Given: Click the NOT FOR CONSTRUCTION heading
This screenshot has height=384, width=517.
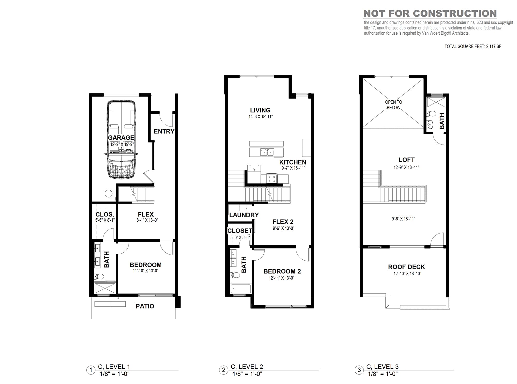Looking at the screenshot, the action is pyautogui.click(x=430, y=13).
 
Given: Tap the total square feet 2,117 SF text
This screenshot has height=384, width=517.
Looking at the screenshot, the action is pyautogui.click(x=473, y=47).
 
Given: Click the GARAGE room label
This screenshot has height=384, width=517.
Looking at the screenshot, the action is pyautogui.click(x=121, y=138).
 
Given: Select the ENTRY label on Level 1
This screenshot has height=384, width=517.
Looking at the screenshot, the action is pyautogui.click(x=164, y=131).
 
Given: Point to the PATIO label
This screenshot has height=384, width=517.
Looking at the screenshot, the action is pyautogui.click(x=145, y=306).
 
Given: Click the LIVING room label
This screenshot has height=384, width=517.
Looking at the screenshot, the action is pyautogui.click(x=260, y=110).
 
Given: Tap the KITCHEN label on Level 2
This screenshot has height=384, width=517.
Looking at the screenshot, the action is pyautogui.click(x=293, y=162).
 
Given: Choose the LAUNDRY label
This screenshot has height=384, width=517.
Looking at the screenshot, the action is pyautogui.click(x=244, y=215).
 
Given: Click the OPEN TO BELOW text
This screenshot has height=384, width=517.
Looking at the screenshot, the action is pyautogui.click(x=393, y=105).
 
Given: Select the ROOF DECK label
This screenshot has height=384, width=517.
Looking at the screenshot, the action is pyautogui.click(x=406, y=267).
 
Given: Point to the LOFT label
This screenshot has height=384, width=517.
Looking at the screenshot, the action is pyautogui.click(x=406, y=160).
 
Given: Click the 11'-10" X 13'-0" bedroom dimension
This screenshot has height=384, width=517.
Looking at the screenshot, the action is pyautogui.click(x=146, y=271).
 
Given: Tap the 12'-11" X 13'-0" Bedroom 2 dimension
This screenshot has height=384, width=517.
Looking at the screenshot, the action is pyautogui.click(x=282, y=278).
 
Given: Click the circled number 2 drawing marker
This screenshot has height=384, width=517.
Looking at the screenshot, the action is pyautogui.click(x=224, y=370).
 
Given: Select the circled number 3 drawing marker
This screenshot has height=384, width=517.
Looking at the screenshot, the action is pyautogui.click(x=359, y=370).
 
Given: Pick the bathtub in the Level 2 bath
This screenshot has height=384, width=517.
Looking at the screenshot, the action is pyautogui.click(x=241, y=289).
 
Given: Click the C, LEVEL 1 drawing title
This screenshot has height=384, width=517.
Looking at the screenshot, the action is pyautogui.click(x=114, y=367).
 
